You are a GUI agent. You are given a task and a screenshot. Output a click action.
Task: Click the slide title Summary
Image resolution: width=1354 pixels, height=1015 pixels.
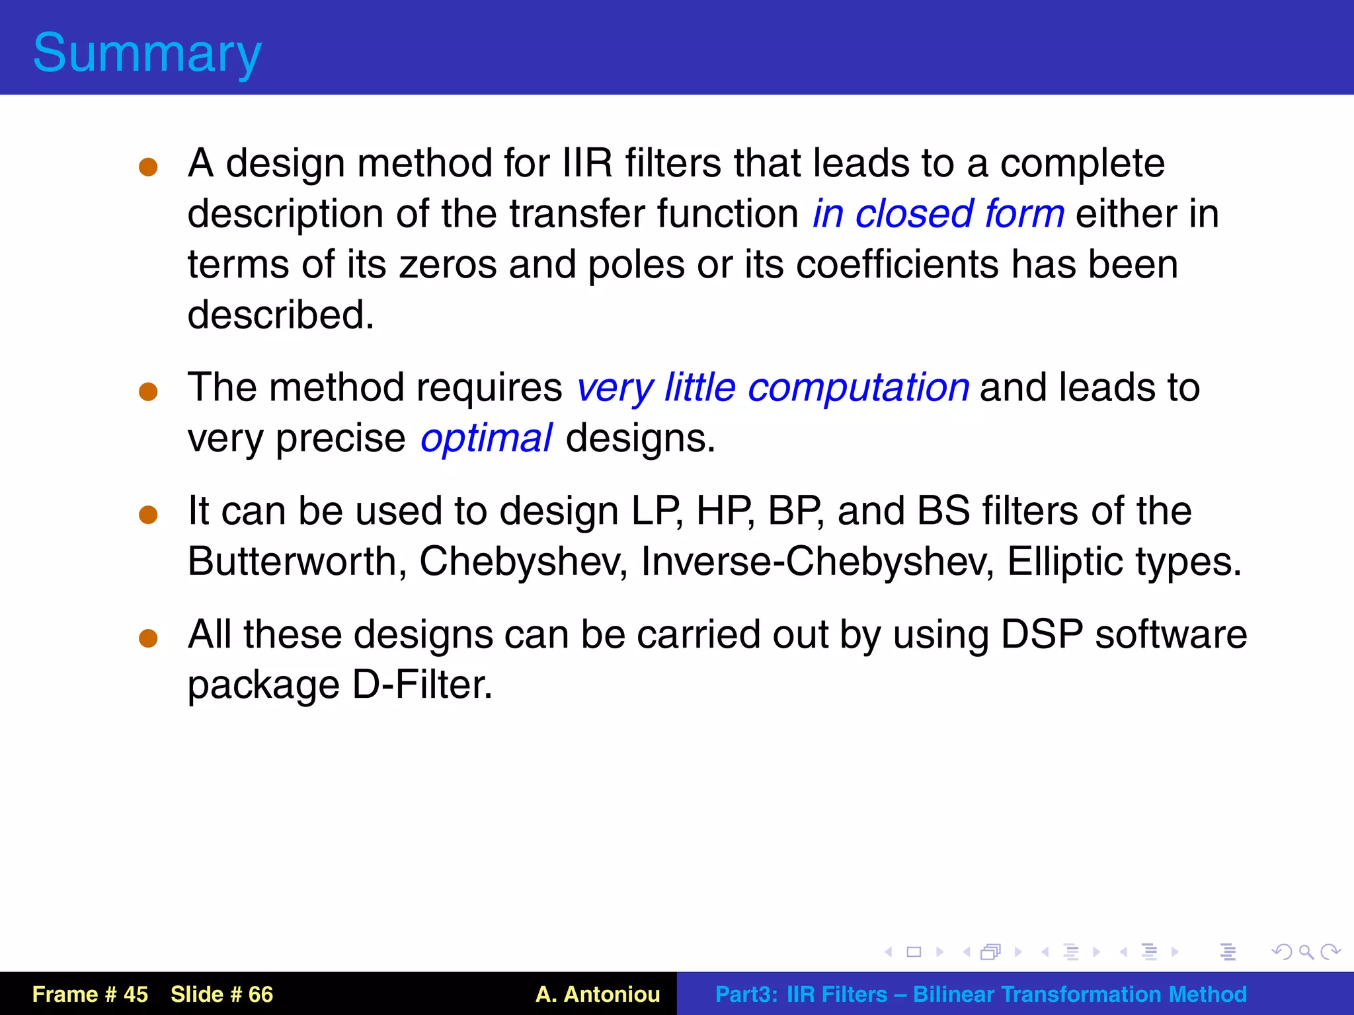tap(147, 53)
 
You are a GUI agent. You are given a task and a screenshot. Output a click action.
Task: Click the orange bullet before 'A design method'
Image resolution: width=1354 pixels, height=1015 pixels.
tap(148, 167)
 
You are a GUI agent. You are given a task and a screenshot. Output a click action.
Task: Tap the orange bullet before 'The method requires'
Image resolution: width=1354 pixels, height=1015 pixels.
tap(148, 391)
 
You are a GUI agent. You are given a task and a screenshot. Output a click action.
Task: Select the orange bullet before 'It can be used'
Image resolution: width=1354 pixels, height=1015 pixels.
tap(148, 515)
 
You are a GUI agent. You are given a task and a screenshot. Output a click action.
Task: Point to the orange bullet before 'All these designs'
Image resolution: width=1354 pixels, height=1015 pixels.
tap(148, 638)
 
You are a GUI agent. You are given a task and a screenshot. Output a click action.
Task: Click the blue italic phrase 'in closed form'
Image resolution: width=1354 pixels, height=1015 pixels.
tap(938, 214)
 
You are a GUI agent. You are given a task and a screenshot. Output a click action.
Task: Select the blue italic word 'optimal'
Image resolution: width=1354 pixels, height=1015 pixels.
tap(486, 438)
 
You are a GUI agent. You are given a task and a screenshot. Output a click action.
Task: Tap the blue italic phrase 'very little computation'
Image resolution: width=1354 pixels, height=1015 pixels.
tap(772, 388)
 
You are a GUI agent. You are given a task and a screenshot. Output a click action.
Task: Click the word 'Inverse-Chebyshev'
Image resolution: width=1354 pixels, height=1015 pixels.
tap(817, 562)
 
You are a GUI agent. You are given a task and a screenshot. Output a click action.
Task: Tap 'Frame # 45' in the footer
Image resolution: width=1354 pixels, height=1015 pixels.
tap(90, 994)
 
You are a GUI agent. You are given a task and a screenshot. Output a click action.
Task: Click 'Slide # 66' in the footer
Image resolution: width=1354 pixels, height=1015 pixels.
tap(221, 994)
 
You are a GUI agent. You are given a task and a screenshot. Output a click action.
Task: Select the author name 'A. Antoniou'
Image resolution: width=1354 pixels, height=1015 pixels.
tap(598, 994)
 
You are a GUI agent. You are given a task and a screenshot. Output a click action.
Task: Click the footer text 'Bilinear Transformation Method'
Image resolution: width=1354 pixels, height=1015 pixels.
tap(1079, 994)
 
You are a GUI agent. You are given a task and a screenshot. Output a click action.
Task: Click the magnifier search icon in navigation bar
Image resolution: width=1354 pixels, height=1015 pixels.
tap(1306, 952)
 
